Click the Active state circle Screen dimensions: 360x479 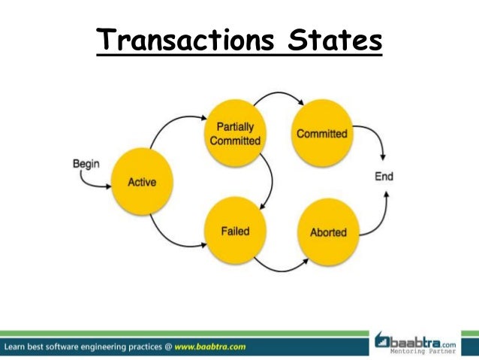[141, 182]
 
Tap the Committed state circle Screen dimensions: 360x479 [321, 134]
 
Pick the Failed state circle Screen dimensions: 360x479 [234, 231]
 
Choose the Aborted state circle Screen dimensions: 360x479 [328, 232]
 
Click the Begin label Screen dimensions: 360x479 [86, 162]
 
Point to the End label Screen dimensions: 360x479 [384, 177]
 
